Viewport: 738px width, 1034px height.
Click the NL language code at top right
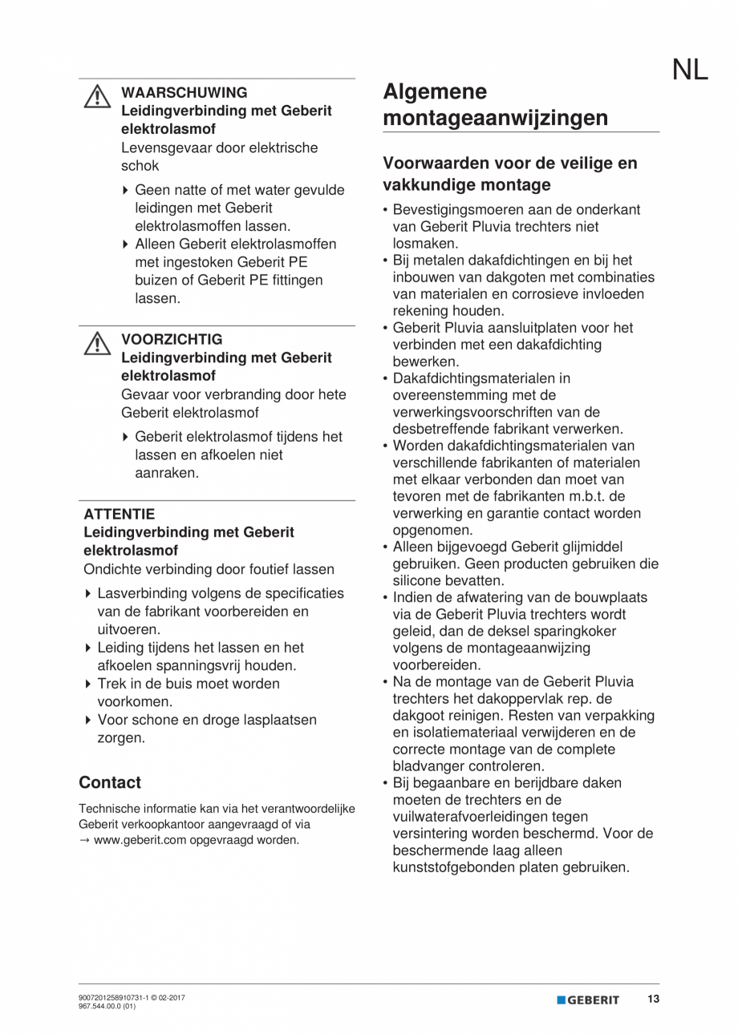point(689,71)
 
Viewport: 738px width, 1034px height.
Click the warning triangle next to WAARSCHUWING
point(96,97)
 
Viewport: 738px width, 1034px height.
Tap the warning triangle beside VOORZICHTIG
point(96,343)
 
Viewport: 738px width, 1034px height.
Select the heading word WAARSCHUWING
point(184,93)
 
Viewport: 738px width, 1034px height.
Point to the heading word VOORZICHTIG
point(172,339)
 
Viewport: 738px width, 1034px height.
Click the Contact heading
point(110,782)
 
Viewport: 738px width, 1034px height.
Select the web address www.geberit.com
point(133,840)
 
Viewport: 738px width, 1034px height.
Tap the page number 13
point(653,999)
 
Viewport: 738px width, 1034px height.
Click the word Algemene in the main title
point(434,92)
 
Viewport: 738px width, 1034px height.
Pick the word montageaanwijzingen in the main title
point(495,119)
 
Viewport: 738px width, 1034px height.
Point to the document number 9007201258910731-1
point(113,998)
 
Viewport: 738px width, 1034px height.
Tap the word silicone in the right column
point(420,580)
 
